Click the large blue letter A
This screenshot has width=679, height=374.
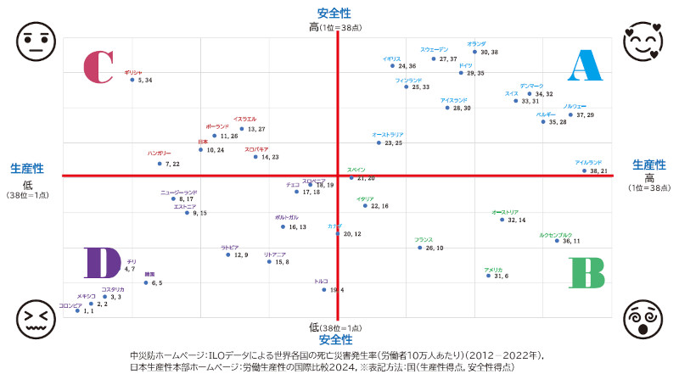click(x=584, y=65)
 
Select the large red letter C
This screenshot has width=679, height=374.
click(x=97, y=67)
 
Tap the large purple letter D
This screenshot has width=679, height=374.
click(x=102, y=263)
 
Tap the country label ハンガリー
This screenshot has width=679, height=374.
click(x=159, y=154)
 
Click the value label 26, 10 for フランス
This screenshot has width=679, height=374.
click(x=435, y=248)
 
